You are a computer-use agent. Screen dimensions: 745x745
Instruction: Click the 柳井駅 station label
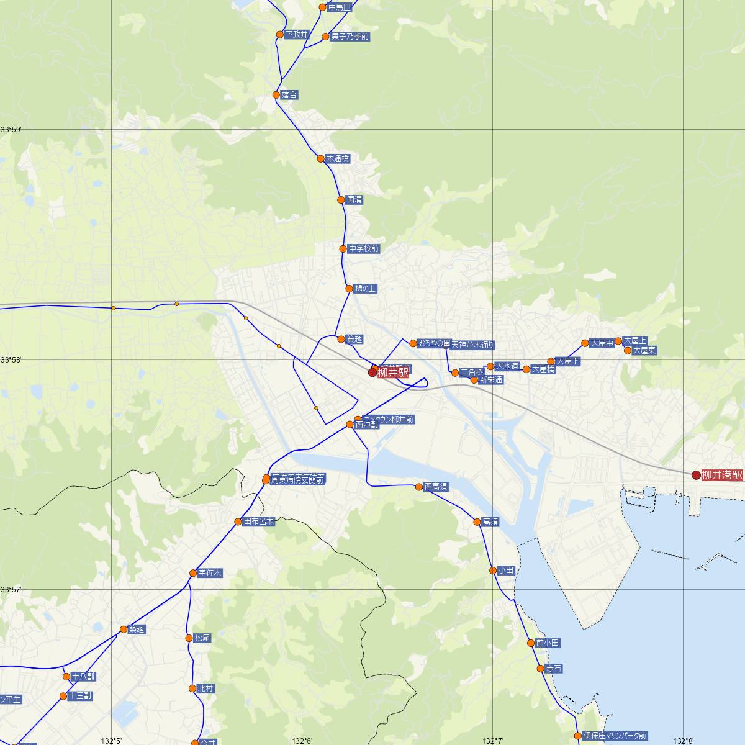click(x=393, y=372)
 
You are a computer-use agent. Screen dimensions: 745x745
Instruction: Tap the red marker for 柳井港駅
click(x=696, y=475)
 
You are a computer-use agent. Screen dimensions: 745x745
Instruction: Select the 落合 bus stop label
click(x=289, y=95)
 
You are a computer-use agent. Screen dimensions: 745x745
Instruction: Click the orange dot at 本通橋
click(x=320, y=159)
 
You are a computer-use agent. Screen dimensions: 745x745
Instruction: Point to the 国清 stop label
click(x=354, y=200)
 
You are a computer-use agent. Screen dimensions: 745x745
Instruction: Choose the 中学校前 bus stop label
click(x=363, y=249)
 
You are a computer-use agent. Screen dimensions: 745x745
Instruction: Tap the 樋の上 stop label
click(x=365, y=289)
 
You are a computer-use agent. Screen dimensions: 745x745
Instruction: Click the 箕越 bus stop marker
click(x=341, y=339)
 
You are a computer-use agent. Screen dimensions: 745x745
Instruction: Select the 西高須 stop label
click(x=436, y=487)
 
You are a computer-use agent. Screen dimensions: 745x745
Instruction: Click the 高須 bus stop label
click(x=490, y=522)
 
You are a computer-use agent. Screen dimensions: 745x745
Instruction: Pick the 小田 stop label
click(x=506, y=570)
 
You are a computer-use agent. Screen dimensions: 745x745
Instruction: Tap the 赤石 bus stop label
click(x=554, y=669)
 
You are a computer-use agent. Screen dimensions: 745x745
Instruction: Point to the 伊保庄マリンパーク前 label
click(x=615, y=736)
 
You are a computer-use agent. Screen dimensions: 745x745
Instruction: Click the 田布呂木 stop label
click(x=258, y=521)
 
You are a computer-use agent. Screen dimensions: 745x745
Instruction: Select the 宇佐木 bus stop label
click(x=210, y=573)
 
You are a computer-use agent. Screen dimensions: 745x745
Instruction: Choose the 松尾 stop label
click(x=202, y=638)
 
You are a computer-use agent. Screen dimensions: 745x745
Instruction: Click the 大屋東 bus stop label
click(x=644, y=351)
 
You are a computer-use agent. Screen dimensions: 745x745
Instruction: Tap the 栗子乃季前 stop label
click(x=350, y=37)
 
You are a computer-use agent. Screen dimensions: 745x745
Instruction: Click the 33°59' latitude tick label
click(x=11, y=130)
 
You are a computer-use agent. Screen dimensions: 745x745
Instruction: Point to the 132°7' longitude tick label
click(x=493, y=741)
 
